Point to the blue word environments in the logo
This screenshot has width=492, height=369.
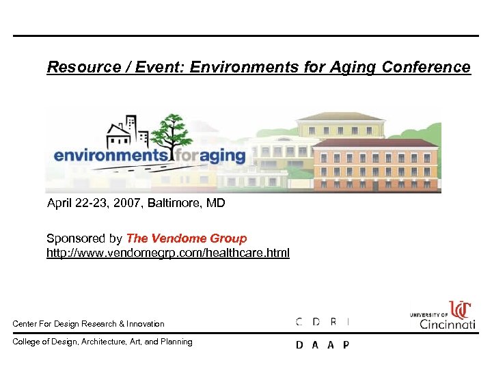pos(110,156)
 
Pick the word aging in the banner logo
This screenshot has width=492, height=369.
pos(218,156)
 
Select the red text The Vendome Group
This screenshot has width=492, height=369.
pos(187,238)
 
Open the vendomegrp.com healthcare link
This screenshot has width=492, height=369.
pos(167,253)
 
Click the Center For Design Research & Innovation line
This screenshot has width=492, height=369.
pos(89,323)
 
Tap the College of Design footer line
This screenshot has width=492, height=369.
pos(102,342)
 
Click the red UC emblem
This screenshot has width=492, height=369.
pos(461,310)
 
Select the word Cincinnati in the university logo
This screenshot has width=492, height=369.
pos(448,324)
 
